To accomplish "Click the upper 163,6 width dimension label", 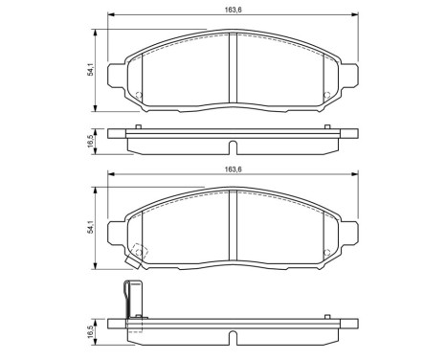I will point(234,12).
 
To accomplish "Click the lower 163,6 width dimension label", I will point(234,169).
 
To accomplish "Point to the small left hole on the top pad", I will point(140,94).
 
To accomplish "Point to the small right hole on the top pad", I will point(326,94).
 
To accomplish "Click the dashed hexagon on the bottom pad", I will point(139,251).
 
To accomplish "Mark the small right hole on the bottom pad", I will point(326,251).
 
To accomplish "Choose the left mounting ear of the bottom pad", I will point(117,233).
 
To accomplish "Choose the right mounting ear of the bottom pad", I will point(349,233).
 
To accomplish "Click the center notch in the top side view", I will point(233,147).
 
